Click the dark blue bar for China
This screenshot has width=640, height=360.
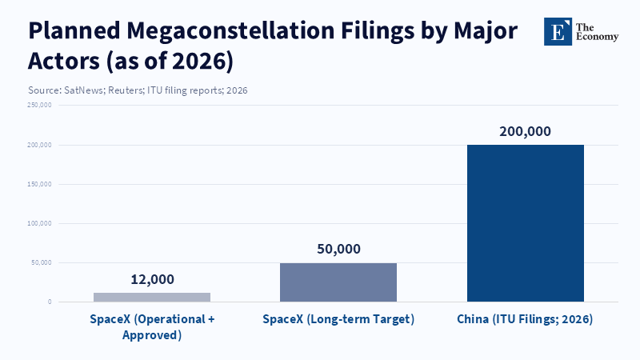pos(526,223)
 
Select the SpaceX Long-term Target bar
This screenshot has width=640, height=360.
pos(338,282)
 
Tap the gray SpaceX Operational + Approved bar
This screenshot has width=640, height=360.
pos(152,297)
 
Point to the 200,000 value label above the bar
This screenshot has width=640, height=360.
pos(526,132)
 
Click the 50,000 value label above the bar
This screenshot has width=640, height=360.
pos(338,249)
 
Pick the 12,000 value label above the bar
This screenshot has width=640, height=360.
pos(152,279)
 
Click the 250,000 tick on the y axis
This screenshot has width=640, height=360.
pos(39,106)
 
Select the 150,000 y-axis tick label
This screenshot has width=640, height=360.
pos(39,184)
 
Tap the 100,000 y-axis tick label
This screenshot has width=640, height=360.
pos(39,223)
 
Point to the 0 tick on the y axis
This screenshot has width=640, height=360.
pos(49,302)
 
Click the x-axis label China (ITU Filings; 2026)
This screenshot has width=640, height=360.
pos(525,319)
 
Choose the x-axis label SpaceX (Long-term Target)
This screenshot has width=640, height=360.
pos(338,319)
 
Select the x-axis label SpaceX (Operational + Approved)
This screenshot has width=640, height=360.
pos(152,326)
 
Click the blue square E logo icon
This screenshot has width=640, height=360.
pos(558,31)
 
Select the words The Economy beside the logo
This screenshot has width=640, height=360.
pos(598,31)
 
